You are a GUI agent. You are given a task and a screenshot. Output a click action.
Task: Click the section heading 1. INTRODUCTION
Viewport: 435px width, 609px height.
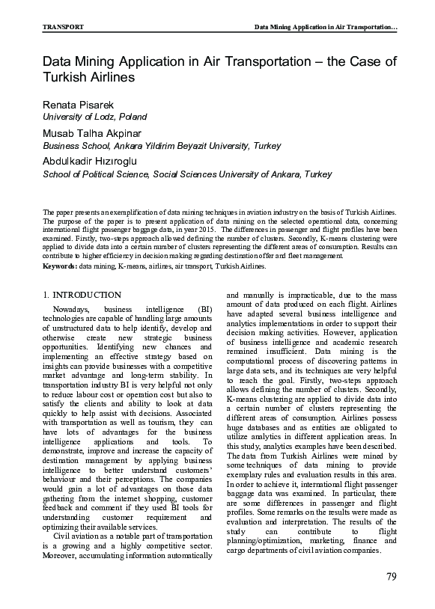coord(82,296)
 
